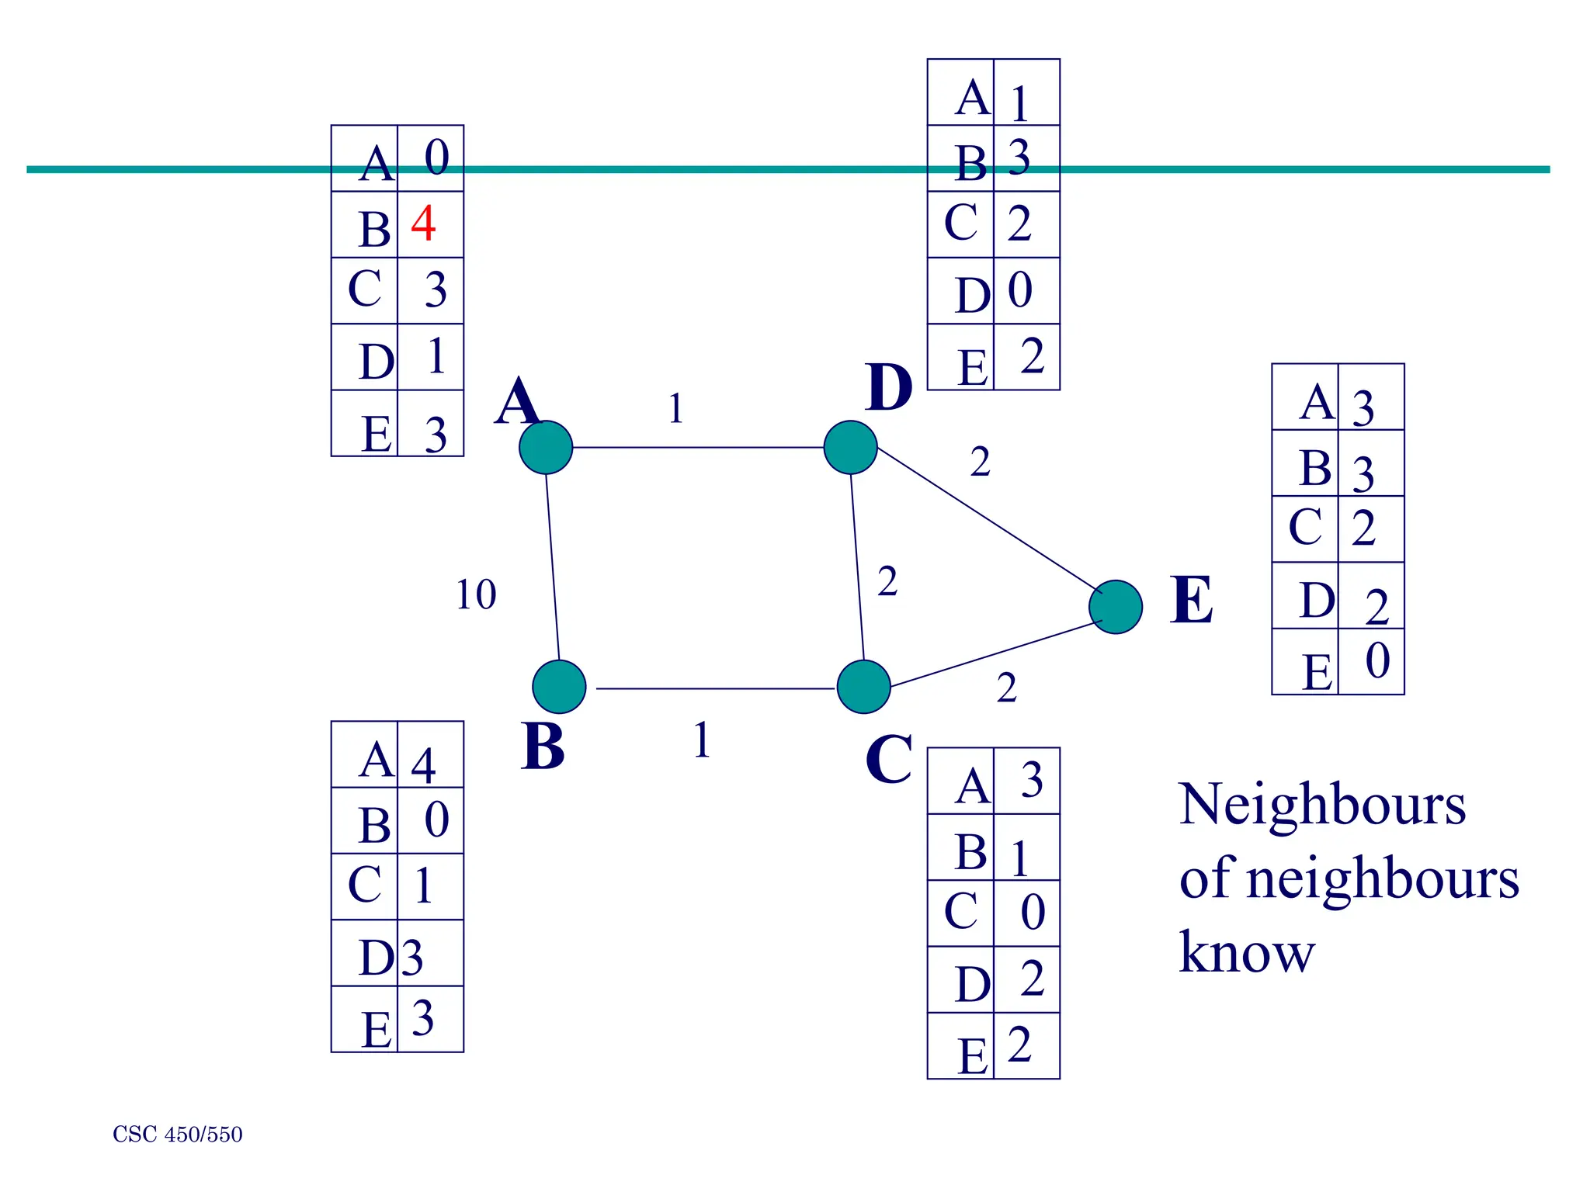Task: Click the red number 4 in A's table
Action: point(423,223)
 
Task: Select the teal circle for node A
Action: point(546,448)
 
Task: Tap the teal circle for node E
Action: point(1116,607)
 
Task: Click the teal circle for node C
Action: point(863,687)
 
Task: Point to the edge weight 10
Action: point(475,595)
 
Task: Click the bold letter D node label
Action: point(888,387)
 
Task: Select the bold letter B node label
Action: point(542,746)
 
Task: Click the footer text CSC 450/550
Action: point(177,1135)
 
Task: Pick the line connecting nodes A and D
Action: point(699,448)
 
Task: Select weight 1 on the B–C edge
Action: point(702,740)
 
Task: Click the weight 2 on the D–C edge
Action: point(887,581)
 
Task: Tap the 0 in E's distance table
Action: point(1377,661)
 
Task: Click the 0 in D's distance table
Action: point(1020,290)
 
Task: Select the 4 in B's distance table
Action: point(423,765)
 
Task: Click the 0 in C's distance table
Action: point(1033,912)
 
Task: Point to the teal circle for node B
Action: point(559,687)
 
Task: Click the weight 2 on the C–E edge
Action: point(1006,688)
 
